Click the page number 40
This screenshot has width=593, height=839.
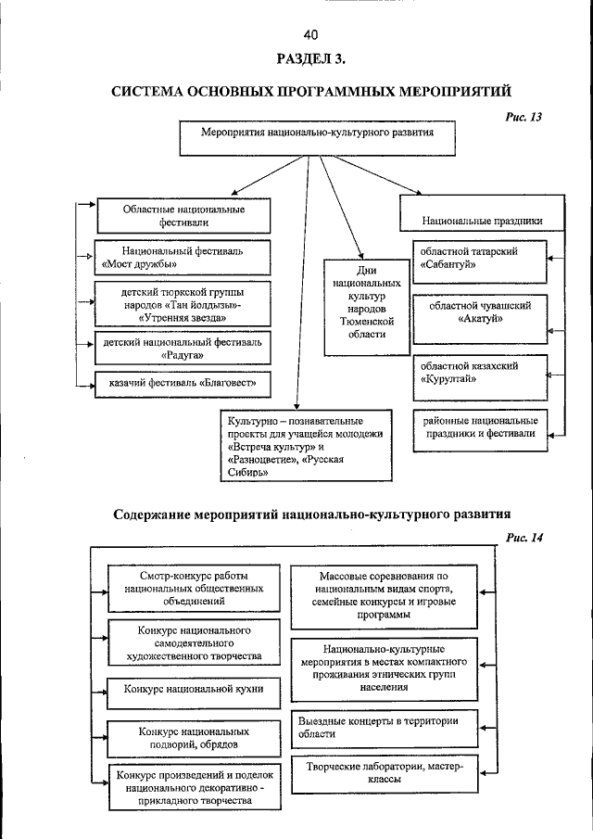(310, 35)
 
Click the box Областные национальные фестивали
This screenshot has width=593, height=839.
(183, 216)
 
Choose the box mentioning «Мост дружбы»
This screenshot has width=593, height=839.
(183, 257)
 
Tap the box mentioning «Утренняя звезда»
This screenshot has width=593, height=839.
(183, 304)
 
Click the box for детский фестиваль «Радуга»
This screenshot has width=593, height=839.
(183, 348)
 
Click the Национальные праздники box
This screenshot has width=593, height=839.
(481, 222)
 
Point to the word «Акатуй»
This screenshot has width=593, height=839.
(480, 318)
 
